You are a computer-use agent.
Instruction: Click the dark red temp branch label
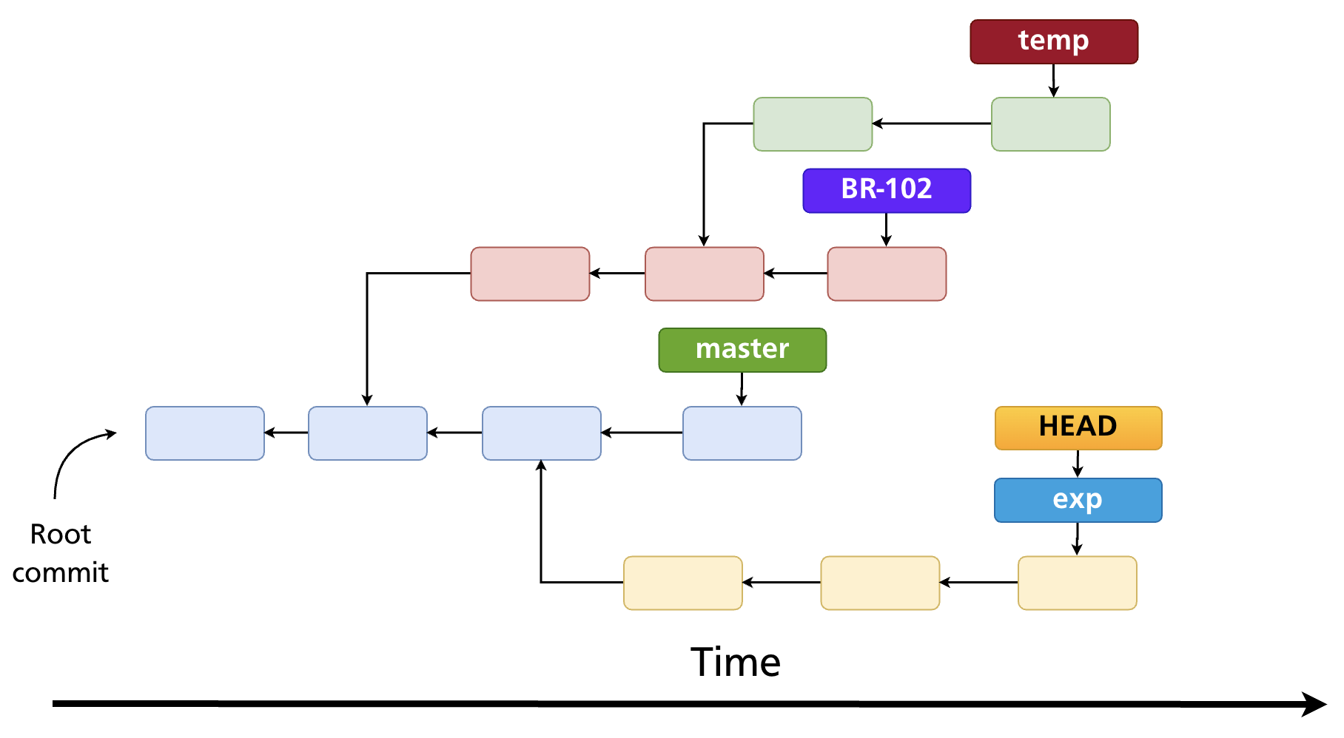pos(1054,42)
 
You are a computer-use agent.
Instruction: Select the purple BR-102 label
pos(887,191)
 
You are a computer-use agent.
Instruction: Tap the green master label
pos(742,350)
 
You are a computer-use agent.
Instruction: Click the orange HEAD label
pos(1078,428)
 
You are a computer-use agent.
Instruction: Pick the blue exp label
pos(1078,501)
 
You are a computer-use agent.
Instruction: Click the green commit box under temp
pos(1050,124)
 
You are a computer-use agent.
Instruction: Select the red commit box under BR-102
pos(887,274)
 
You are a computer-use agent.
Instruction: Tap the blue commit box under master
pos(742,433)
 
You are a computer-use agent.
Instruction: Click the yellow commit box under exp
pos(1077,583)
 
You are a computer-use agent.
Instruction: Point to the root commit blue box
pos(205,433)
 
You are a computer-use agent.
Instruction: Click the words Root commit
pos(61,553)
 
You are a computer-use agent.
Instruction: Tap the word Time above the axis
pos(736,662)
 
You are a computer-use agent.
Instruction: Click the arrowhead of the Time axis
pos(1314,704)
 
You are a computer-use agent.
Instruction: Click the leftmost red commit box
pos(530,274)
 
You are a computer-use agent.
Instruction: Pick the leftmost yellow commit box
pos(682,583)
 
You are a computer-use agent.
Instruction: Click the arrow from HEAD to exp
pos(1078,464)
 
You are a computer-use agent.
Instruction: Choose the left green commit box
pos(813,124)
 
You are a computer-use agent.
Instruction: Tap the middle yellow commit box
pos(880,583)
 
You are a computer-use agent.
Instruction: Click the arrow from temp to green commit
pos(1054,80)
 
